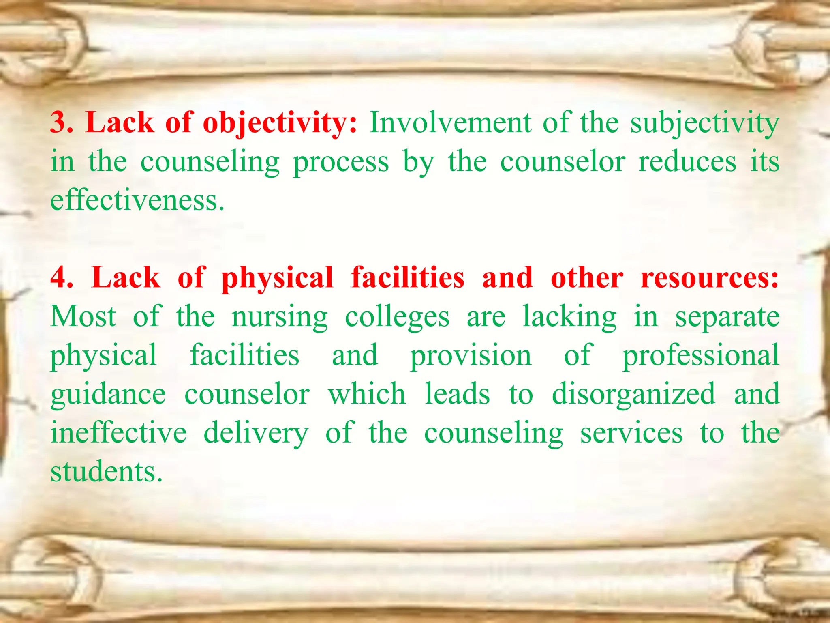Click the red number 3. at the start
(62, 122)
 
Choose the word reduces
(687, 161)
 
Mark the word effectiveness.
(137, 200)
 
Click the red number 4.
(62, 278)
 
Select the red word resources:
(709, 278)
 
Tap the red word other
(587, 278)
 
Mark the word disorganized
(633, 395)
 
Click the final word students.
(106, 472)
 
